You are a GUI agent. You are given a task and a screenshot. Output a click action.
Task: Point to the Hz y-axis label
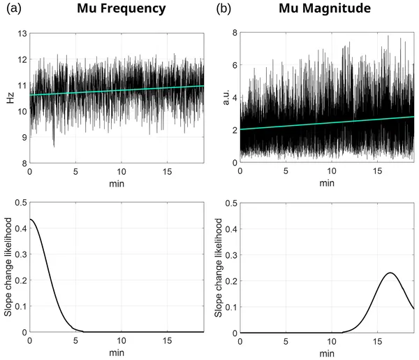[x=10, y=98]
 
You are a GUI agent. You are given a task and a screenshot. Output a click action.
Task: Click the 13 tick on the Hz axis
[x=22, y=34]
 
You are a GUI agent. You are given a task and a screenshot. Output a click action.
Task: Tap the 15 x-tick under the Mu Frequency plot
[x=168, y=171]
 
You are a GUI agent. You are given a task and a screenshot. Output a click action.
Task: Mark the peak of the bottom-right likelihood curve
[x=391, y=273]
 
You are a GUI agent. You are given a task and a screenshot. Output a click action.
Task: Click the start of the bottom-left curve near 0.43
[x=30, y=219]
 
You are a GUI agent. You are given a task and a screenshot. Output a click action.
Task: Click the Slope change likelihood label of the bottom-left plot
[x=9, y=268]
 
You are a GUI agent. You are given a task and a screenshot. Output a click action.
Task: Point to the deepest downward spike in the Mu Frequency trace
[x=54, y=145]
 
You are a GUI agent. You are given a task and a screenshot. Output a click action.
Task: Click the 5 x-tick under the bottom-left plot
[x=75, y=340]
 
